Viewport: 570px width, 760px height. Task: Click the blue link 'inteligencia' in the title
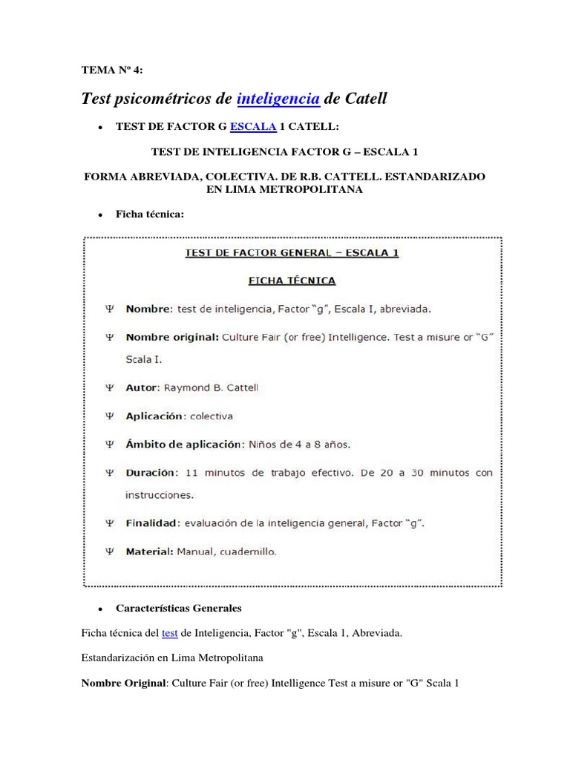(278, 98)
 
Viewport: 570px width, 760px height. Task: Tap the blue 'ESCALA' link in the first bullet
(254, 126)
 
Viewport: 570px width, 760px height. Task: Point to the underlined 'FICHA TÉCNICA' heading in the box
(291, 281)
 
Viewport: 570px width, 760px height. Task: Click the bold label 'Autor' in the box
(141, 388)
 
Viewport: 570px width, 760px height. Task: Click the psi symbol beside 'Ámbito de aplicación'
(110, 445)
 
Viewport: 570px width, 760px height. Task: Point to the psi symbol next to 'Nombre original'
(110, 336)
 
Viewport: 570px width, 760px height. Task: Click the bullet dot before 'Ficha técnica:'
(99, 214)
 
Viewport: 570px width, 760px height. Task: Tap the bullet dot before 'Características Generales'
(99, 609)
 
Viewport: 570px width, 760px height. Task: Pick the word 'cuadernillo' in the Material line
(250, 551)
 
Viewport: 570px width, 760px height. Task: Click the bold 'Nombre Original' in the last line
(124, 683)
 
